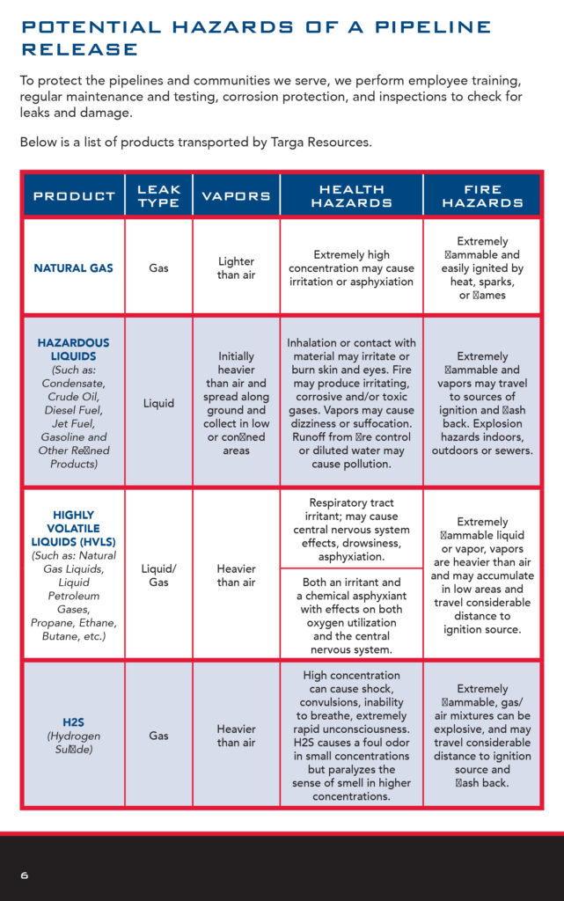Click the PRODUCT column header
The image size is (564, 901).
pos(74,195)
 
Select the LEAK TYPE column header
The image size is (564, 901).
pos(158,195)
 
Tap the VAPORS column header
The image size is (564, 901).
pos(236,195)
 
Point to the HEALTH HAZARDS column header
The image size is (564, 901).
pos(351,195)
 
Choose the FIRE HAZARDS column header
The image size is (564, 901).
pos(482,195)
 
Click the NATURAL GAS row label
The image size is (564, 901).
pos(74,267)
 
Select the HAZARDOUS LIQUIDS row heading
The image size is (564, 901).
pos(74,348)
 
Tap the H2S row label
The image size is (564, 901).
pos(74,722)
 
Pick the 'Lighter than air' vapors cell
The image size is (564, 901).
pos(236,267)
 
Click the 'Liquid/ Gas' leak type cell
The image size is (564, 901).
pos(158,575)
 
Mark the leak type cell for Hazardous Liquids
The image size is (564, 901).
pos(158,403)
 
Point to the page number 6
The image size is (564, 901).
pos(25,875)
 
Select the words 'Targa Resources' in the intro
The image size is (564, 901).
pos(320,143)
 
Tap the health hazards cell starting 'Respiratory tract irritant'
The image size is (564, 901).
pos(351,530)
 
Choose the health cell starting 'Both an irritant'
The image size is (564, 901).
pos(351,615)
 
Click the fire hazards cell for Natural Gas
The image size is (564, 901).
pos(482,267)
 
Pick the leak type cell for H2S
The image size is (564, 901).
pos(158,735)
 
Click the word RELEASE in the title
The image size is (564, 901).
pos(80,49)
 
